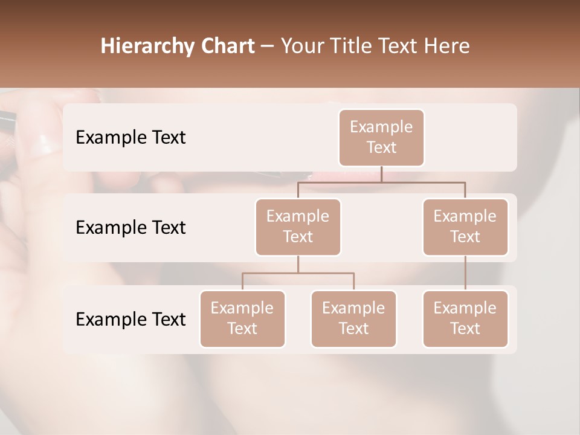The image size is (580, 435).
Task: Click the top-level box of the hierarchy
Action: coord(381,137)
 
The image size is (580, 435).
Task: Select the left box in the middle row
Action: coord(298,227)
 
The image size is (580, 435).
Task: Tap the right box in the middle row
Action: coord(465,227)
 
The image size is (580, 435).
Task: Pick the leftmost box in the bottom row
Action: coord(242,318)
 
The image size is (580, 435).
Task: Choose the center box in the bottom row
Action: coord(353,318)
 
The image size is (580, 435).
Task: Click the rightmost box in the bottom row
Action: coord(465,318)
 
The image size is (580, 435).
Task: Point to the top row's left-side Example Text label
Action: coord(130,137)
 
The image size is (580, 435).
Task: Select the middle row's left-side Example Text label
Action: coord(130,227)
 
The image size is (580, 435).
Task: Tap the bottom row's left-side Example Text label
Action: coord(130,319)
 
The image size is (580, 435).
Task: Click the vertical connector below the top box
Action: coord(381,175)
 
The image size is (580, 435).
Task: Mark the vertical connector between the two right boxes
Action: coord(465,273)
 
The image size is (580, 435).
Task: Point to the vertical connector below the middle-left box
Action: coord(298,264)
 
